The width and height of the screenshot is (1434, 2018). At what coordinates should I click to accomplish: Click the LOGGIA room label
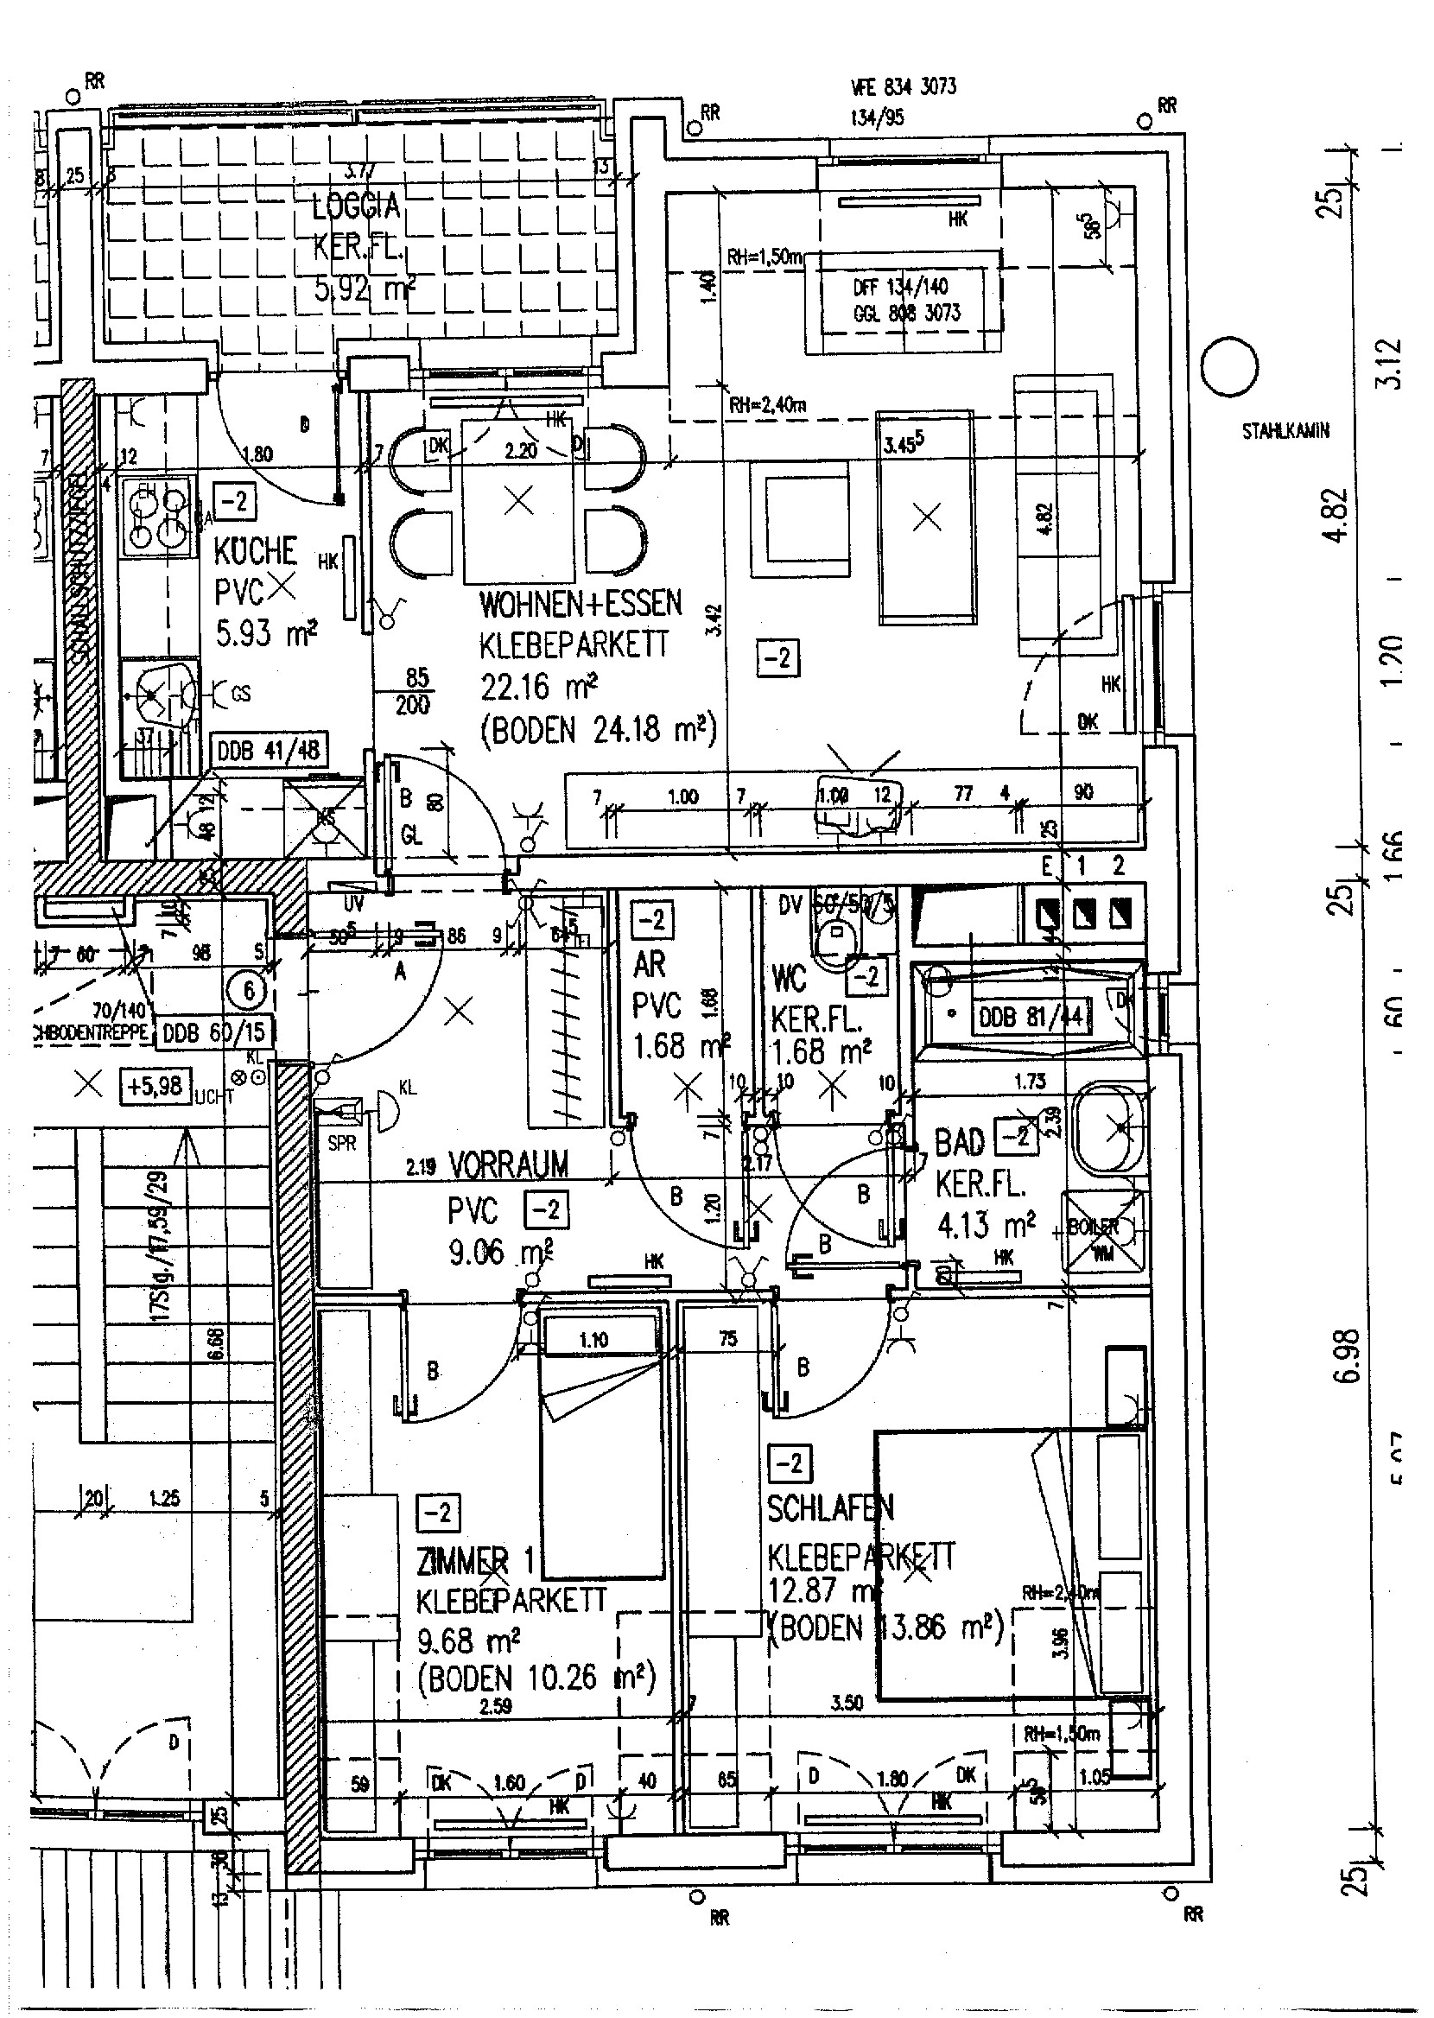[x=356, y=206]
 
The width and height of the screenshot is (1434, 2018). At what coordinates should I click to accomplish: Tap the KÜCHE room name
[x=255, y=551]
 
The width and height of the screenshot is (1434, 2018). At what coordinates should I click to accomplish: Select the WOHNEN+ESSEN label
[x=581, y=604]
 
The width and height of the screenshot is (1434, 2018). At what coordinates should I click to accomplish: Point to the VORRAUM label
[x=509, y=1165]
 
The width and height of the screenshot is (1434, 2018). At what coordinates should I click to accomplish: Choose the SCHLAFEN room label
[x=830, y=1507]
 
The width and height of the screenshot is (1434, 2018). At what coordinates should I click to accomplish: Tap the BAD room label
[x=959, y=1142]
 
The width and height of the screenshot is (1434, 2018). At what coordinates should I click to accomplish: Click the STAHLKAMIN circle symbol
[x=1230, y=367]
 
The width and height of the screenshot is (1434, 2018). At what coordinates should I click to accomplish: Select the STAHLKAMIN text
[x=1285, y=432]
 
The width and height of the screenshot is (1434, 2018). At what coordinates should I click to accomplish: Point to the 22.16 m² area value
[x=539, y=686]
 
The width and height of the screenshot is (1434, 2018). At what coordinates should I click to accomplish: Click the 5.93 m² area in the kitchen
[x=266, y=632]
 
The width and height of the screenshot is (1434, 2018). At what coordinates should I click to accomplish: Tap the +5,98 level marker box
[x=155, y=1086]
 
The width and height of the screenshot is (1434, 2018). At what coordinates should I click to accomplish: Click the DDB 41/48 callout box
[x=269, y=752]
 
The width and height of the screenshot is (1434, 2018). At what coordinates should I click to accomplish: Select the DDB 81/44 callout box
[x=1030, y=1016]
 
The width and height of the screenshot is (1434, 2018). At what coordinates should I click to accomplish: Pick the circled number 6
[x=248, y=992]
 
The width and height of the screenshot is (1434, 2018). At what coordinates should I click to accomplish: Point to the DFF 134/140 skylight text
[x=900, y=287]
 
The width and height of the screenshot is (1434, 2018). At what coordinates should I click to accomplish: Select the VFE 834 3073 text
[x=904, y=86]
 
